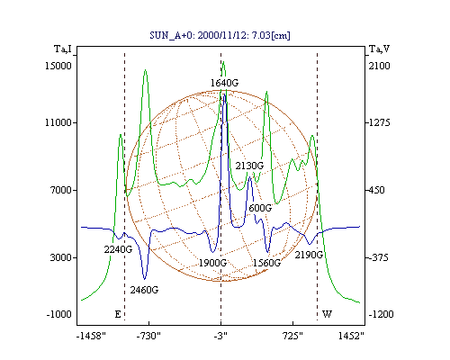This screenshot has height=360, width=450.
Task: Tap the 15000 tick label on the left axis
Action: click(58, 66)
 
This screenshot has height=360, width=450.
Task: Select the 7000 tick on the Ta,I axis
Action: click(61, 190)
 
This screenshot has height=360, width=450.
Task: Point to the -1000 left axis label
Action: click(59, 314)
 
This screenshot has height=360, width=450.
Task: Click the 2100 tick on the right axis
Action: click(379, 66)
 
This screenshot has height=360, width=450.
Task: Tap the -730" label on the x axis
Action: click(148, 336)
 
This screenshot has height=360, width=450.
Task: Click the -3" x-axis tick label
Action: click(220, 336)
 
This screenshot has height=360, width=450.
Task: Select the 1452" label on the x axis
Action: click(351, 336)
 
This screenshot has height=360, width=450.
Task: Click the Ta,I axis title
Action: click(63, 49)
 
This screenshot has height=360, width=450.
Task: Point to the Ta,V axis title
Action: click(380, 49)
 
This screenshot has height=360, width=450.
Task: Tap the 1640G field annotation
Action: click(224, 83)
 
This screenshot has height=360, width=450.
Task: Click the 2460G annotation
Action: click(144, 290)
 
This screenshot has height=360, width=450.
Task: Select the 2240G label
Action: click(118, 249)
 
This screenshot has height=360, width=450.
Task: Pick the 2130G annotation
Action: click(249, 166)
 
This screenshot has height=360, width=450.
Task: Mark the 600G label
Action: click(260, 208)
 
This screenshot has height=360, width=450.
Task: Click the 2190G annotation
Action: click(309, 255)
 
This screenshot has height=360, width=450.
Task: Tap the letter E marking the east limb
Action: click(118, 314)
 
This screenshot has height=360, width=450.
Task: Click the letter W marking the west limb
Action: click(327, 314)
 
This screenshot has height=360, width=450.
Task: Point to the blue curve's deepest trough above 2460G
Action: click(145, 279)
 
